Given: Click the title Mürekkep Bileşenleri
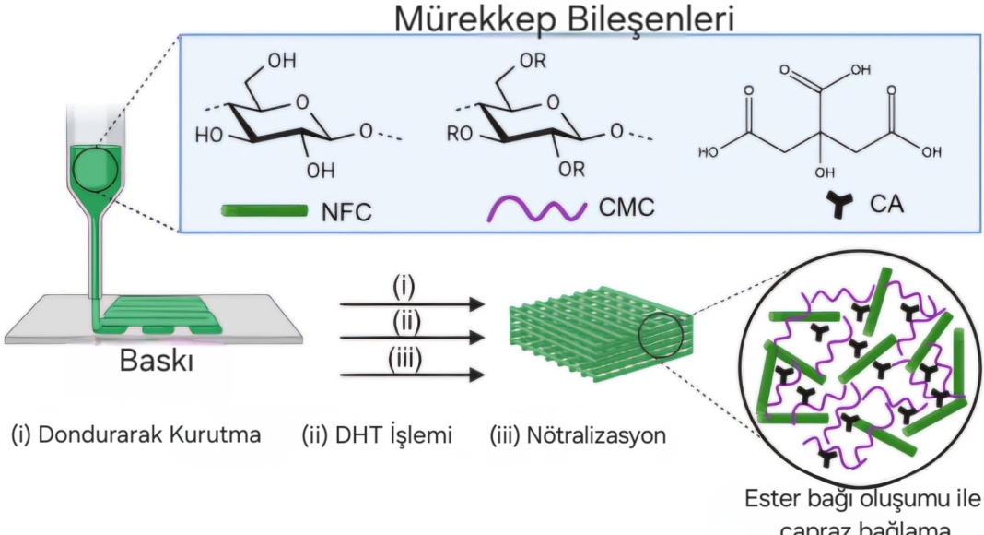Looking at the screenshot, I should coord(565,20).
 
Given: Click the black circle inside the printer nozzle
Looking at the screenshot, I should coord(93,169).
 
